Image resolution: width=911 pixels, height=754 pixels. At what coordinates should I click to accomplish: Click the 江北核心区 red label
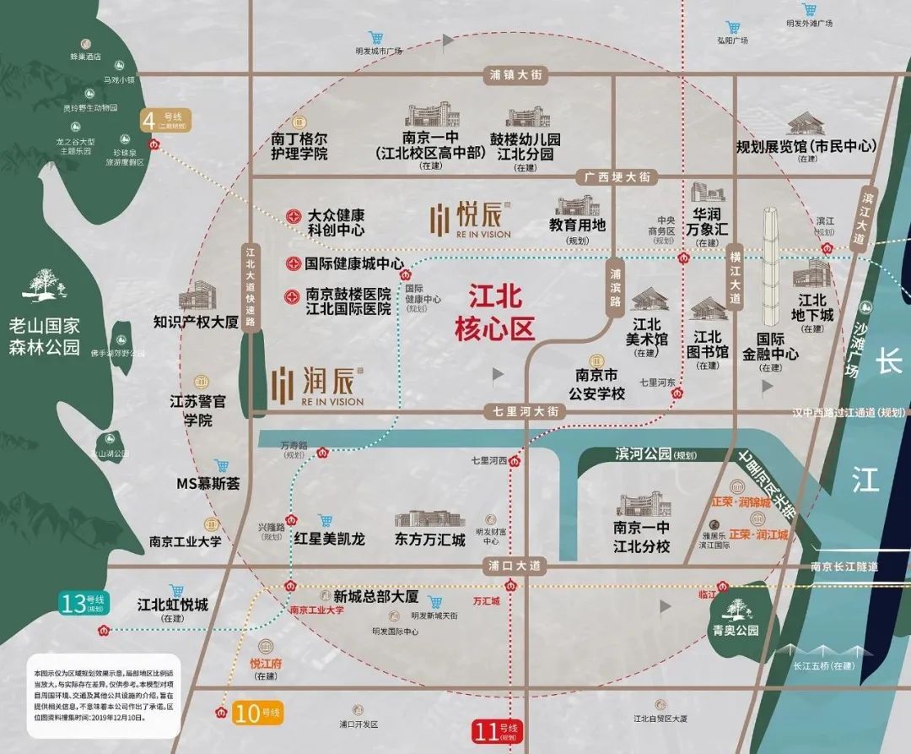pyautogui.click(x=495, y=312)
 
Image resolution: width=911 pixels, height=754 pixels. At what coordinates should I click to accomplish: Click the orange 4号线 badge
pyautogui.click(x=166, y=120)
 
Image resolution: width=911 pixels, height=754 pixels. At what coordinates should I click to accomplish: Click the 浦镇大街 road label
pyautogui.click(x=519, y=75)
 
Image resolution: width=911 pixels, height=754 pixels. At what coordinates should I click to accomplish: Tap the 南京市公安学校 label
pyautogui.click(x=596, y=384)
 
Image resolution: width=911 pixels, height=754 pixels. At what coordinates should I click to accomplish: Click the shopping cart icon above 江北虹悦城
pyautogui.click(x=176, y=590)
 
